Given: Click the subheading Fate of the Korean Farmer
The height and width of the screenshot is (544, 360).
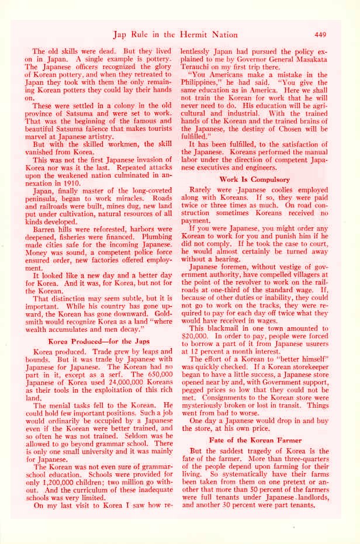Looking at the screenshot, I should (255, 439).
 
